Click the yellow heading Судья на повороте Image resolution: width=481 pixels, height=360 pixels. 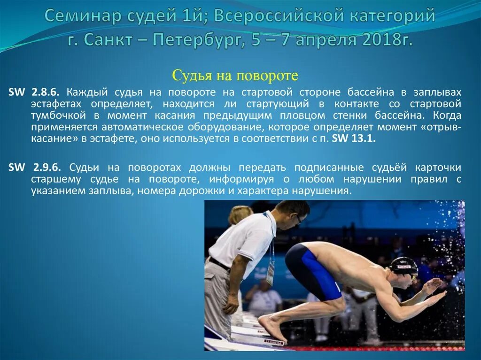tap(235, 75)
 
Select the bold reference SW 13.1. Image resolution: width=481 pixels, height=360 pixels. tap(354, 139)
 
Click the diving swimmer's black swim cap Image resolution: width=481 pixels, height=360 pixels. tap(403, 266)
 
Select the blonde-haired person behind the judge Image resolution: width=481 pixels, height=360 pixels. tap(240, 214)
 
